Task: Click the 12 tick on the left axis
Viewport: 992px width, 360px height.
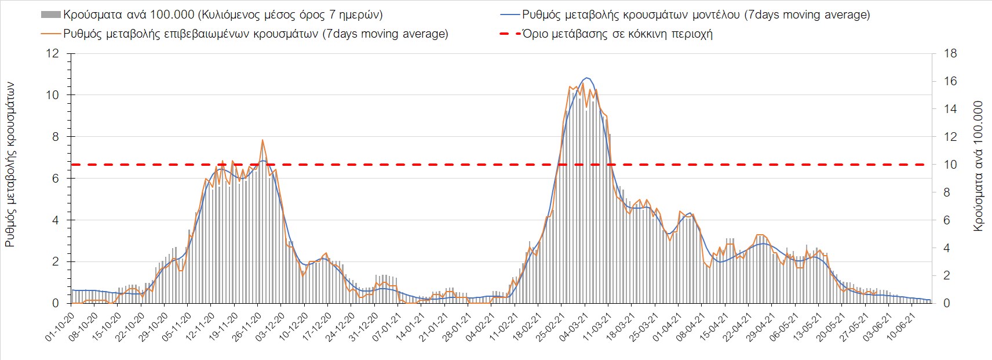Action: pos(53,54)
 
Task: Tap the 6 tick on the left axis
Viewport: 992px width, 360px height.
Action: pos(56,179)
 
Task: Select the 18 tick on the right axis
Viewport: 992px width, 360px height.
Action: pos(950,54)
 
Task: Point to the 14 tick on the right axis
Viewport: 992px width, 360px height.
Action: pos(950,109)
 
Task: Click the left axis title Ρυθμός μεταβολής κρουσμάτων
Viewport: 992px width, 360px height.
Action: pos(10,164)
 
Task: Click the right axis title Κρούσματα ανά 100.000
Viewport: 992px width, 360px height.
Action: pos(978,166)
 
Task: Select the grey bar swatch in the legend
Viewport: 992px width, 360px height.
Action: pos(51,15)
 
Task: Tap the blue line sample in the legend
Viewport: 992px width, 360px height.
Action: pos(509,15)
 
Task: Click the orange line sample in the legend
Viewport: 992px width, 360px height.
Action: pos(51,34)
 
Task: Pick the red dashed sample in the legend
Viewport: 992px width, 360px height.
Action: pos(509,34)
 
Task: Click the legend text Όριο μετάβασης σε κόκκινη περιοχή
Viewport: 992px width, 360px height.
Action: pos(617,34)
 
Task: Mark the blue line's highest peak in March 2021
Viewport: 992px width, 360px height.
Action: pos(586,78)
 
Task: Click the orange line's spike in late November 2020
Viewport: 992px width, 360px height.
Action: pos(262,140)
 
